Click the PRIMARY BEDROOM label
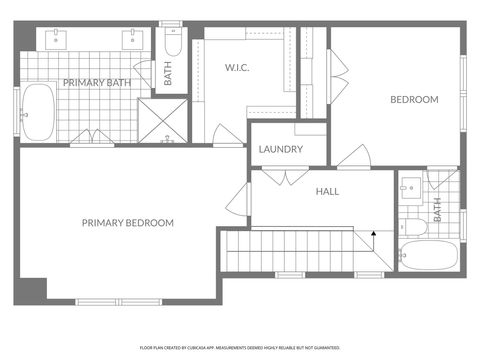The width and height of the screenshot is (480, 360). tap(128, 222)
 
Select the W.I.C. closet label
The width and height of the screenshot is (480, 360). tap(236, 69)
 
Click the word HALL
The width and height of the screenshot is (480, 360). tap(328, 191)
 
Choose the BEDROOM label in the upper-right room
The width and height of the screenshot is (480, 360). tap(414, 99)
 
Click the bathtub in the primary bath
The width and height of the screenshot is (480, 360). tap(39, 112)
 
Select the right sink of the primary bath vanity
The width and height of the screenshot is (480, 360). tap(130, 40)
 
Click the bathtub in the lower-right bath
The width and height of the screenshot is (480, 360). tap(427, 255)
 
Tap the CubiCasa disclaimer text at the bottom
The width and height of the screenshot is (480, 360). tap(240, 348)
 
